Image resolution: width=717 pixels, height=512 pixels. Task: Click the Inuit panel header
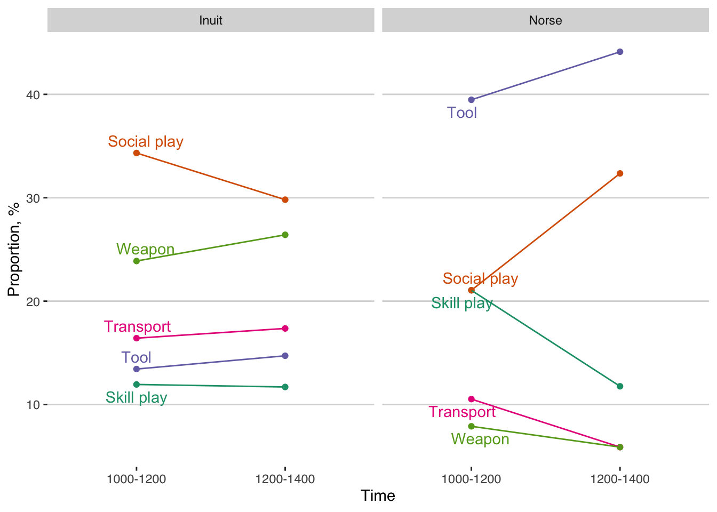click(211, 20)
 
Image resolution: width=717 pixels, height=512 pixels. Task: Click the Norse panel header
click(545, 20)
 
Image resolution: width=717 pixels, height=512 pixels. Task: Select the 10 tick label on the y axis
click(33, 405)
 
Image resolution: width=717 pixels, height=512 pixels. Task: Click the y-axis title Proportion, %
click(13, 249)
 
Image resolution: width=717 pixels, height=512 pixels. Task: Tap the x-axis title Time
click(378, 495)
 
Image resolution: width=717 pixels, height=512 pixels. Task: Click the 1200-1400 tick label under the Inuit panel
click(285, 479)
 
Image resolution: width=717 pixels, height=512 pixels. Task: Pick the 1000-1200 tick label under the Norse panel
click(471, 479)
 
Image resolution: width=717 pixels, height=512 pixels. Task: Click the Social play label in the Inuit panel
click(146, 141)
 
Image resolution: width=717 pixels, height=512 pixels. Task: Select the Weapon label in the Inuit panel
click(145, 249)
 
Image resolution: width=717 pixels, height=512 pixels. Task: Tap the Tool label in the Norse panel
click(462, 113)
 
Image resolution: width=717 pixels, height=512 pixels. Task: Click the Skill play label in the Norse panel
click(462, 303)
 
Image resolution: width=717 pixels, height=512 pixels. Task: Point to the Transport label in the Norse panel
click(462, 412)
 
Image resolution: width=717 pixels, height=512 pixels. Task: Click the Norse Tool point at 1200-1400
click(620, 52)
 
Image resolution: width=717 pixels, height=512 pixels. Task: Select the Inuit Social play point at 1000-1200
click(137, 153)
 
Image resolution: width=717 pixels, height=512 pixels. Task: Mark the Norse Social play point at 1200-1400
click(620, 173)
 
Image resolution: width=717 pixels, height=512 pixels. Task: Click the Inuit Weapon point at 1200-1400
click(285, 235)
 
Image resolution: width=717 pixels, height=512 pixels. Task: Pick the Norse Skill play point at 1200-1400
click(620, 386)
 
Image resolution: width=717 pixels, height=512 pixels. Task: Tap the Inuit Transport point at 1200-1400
click(285, 329)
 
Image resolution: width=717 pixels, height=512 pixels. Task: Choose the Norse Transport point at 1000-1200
click(471, 399)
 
